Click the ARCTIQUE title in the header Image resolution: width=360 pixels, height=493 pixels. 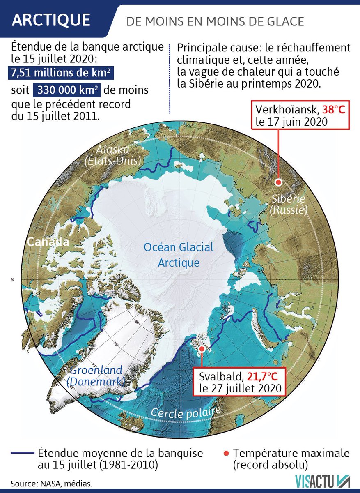tap(51, 20)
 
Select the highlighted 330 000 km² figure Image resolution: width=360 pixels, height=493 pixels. tap(69, 90)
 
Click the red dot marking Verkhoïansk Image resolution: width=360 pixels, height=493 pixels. tap(278, 183)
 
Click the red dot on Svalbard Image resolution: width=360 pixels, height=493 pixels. tap(201, 349)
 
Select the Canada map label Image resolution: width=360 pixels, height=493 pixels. tap(48, 242)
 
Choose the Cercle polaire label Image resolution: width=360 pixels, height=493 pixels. tap(186, 411)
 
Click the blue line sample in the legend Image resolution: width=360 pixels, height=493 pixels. tap(22, 454)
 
